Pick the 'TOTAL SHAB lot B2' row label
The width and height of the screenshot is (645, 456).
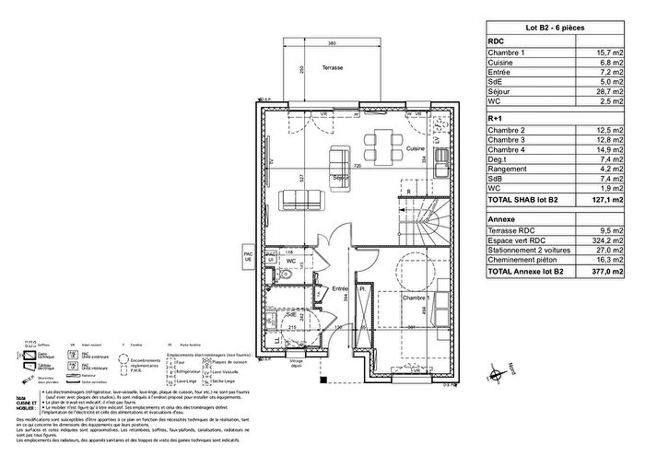tap(525, 199)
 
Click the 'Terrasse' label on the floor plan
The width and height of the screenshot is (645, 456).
tap(335, 70)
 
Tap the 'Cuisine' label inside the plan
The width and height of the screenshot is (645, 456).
tap(416, 148)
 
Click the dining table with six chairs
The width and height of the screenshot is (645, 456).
tap(381, 143)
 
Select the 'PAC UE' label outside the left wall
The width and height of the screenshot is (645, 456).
tap(246, 258)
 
